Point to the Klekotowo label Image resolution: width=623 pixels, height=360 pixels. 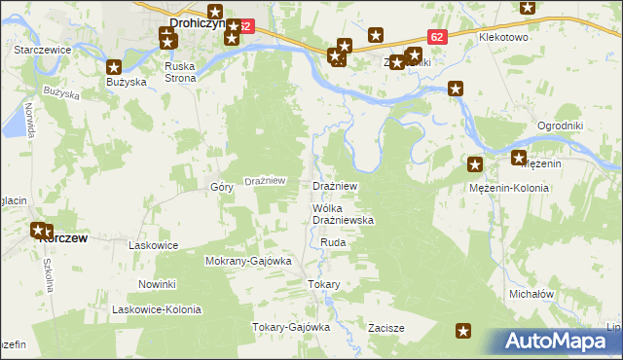pyautogui.click(x=502, y=35)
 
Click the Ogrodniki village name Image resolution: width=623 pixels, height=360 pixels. pyautogui.click(x=560, y=126)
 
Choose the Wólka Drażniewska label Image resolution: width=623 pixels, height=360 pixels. pyautogui.click(x=343, y=214)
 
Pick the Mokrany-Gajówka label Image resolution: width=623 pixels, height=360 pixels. pyautogui.click(x=248, y=261)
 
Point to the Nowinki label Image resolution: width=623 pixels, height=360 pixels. pyautogui.click(x=156, y=284)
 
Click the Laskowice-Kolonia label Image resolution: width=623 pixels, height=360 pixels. pyautogui.click(x=157, y=309)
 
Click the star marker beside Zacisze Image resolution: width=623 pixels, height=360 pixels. pyautogui.click(x=463, y=331)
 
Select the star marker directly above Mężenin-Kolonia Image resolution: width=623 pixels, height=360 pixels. pyautogui.click(x=475, y=165)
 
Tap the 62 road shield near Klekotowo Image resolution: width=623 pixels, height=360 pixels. pyautogui.click(x=436, y=36)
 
